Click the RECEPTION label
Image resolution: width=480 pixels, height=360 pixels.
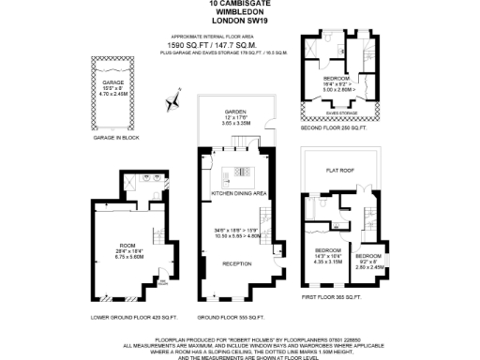pyautogui.click(x=234, y=263)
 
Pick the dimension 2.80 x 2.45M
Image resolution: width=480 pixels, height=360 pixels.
pyautogui.click(x=367, y=267)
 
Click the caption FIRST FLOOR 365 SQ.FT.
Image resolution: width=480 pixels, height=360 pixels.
pyautogui.click(x=335, y=295)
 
